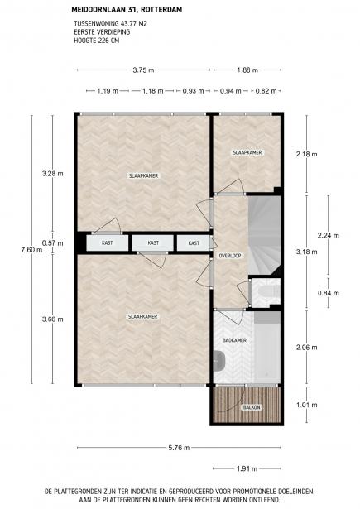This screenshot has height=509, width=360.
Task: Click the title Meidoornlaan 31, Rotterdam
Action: pos(127,10)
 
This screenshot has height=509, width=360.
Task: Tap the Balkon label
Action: pos(252,407)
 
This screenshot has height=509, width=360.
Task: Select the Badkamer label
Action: pos(234,340)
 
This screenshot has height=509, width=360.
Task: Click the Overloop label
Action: pos(230,256)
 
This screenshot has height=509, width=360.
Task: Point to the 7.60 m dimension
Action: pos(31,250)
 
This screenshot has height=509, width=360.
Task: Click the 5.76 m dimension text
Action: pos(179,448)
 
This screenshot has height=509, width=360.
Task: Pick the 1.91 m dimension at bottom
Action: pos(247,468)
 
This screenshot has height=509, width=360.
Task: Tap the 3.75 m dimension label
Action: pos(143,70)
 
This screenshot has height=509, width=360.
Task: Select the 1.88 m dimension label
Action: pos(247,70)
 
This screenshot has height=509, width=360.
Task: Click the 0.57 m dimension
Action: pos(53,243)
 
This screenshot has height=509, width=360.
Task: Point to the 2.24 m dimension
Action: pos(329,235)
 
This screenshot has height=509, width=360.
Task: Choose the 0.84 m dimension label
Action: pos(329,293)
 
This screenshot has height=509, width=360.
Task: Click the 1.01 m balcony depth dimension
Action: pos(307,405)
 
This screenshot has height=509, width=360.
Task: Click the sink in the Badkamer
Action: pos(220,361)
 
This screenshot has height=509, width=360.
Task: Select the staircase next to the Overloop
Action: pos(264,235)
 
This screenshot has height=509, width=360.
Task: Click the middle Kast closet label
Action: pos(153,242)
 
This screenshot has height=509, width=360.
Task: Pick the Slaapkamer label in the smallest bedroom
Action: pos(247,152)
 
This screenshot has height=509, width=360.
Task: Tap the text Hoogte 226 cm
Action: pos(97,41)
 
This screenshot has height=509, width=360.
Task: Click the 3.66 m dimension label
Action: pos(53,319)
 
